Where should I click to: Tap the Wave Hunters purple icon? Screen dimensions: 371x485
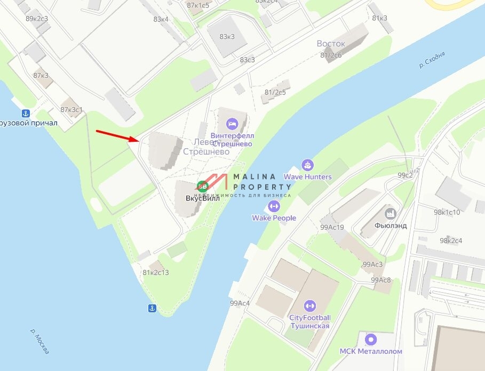point(307,165)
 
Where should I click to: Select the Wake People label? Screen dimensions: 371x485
point(274,218)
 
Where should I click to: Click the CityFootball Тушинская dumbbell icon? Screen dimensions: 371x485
point(309,306)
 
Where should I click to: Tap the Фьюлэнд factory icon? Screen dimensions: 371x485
point(391,213)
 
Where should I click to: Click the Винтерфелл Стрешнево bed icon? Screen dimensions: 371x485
point(232,124)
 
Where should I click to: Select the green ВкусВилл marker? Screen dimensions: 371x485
point(202,186)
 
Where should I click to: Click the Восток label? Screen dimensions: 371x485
point(331,43)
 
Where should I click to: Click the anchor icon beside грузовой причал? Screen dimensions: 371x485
point(25,113)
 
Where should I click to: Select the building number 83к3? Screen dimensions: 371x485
point(227,37)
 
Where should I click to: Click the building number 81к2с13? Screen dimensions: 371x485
point(155,273)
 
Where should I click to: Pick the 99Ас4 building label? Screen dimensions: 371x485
point(240,303)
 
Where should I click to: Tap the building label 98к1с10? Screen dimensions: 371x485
point(447,212)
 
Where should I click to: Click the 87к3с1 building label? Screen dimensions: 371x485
point(71,110)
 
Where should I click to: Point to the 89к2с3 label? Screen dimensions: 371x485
point(37,19)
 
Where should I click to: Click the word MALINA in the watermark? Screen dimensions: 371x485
point(253,176)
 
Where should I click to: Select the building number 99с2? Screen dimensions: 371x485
point(405,175)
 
